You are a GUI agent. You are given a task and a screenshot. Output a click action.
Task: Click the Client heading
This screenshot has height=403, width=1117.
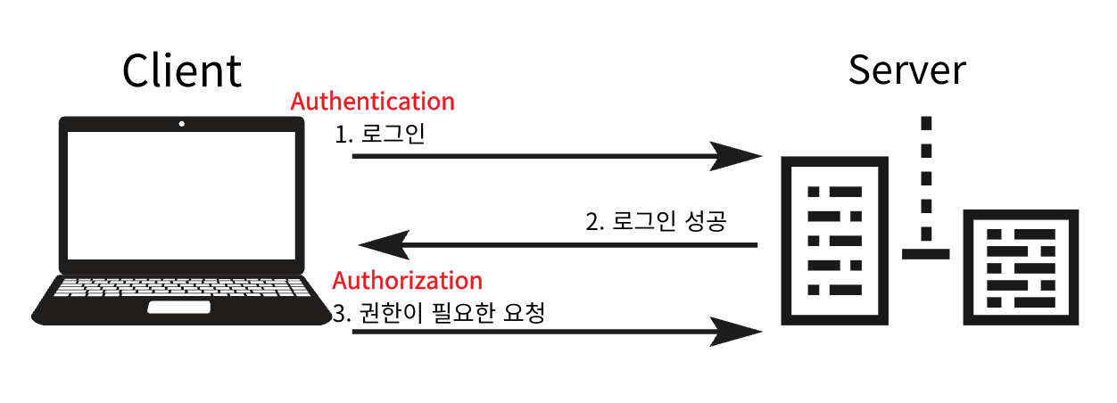pos(182,70)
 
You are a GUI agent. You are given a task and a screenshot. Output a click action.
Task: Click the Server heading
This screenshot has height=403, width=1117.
pos(906,70)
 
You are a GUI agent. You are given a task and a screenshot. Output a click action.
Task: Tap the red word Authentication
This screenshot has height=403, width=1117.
pos(373,102)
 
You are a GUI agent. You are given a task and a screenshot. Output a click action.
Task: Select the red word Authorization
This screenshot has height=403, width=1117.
pos(407,281)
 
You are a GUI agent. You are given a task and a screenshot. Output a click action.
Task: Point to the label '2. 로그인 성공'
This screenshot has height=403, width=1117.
pos(656,221)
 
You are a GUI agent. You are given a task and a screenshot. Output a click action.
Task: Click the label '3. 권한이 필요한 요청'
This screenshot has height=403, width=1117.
pos(438,314)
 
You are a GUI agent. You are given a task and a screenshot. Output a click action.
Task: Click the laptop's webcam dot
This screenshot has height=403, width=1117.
pos(181,124)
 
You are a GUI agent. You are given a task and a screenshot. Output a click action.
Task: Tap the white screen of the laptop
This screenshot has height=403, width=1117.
pos(181,195)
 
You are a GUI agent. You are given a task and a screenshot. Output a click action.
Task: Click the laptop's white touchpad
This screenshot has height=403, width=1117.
pos(179,307)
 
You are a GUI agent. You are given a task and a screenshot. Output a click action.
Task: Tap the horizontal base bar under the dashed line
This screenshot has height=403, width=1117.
pos(927,253)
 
